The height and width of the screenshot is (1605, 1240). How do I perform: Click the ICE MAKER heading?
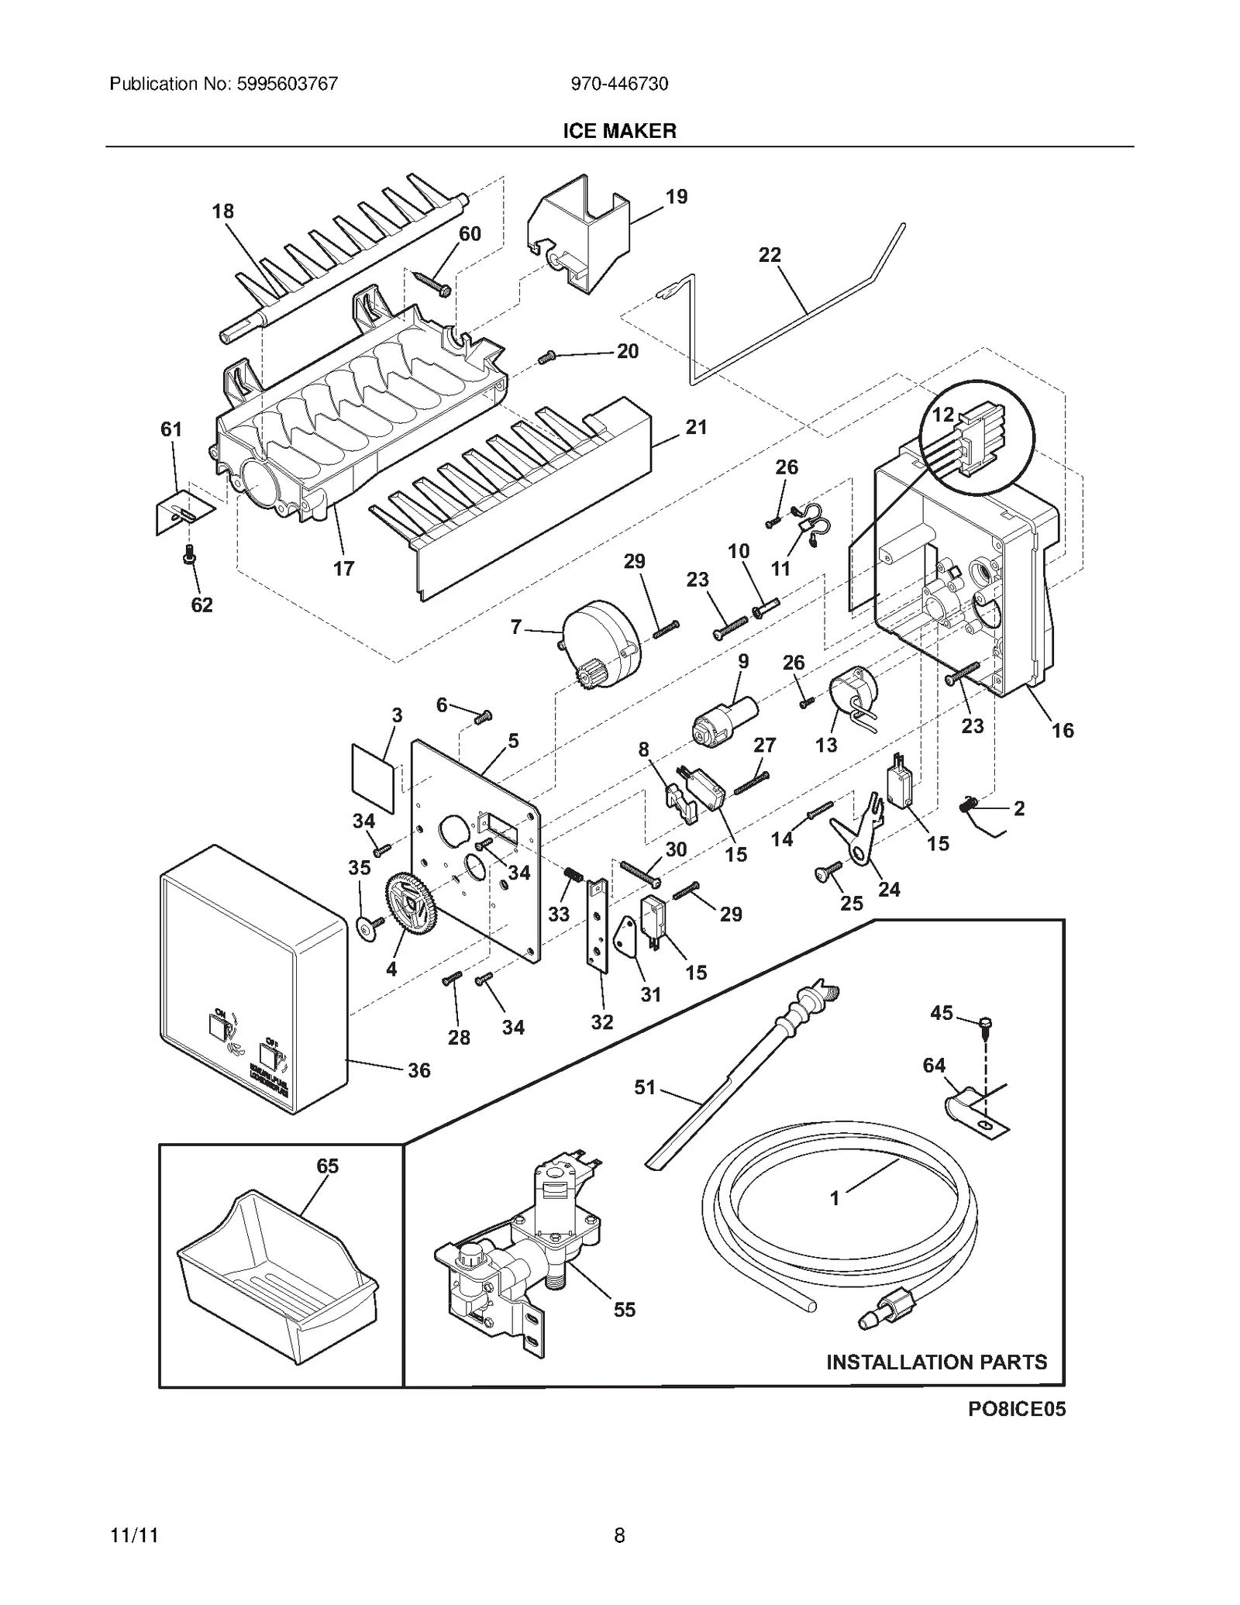click(619, 131)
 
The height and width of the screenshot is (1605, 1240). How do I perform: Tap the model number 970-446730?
click(619, 84)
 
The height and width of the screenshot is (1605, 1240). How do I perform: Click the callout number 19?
click(676, 197)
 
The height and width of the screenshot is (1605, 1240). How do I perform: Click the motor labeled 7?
click(601, 647)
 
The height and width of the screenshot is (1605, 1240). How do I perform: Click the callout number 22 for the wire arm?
click(770, 255)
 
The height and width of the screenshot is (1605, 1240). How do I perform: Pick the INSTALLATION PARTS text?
click(936, 1362)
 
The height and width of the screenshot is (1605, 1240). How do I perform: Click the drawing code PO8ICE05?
click(1017, 1409)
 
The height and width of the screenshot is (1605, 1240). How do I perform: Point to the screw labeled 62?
click(188, 555)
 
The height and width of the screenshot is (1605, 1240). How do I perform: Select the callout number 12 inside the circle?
click(942, 415)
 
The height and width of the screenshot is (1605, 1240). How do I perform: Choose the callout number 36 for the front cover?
click(418, 1070)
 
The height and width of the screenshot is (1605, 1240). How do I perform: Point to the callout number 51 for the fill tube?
click(645, 1087)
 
